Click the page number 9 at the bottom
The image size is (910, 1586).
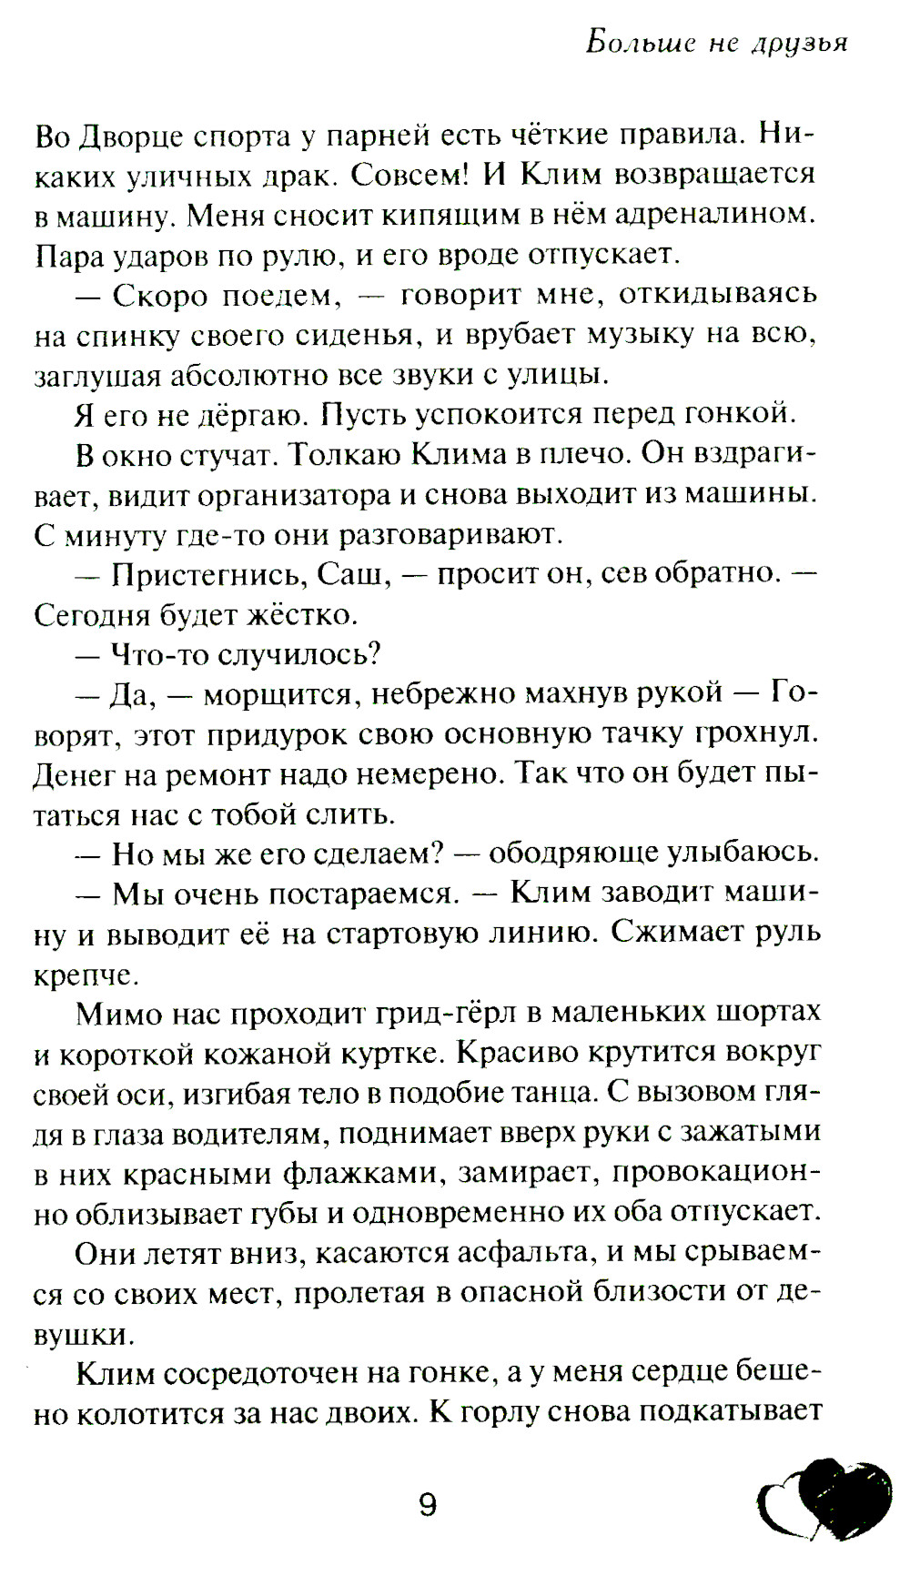pyautogui.click(x=427, y=1505)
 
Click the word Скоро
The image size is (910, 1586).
pyautogui.click(x=160, y=296)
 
